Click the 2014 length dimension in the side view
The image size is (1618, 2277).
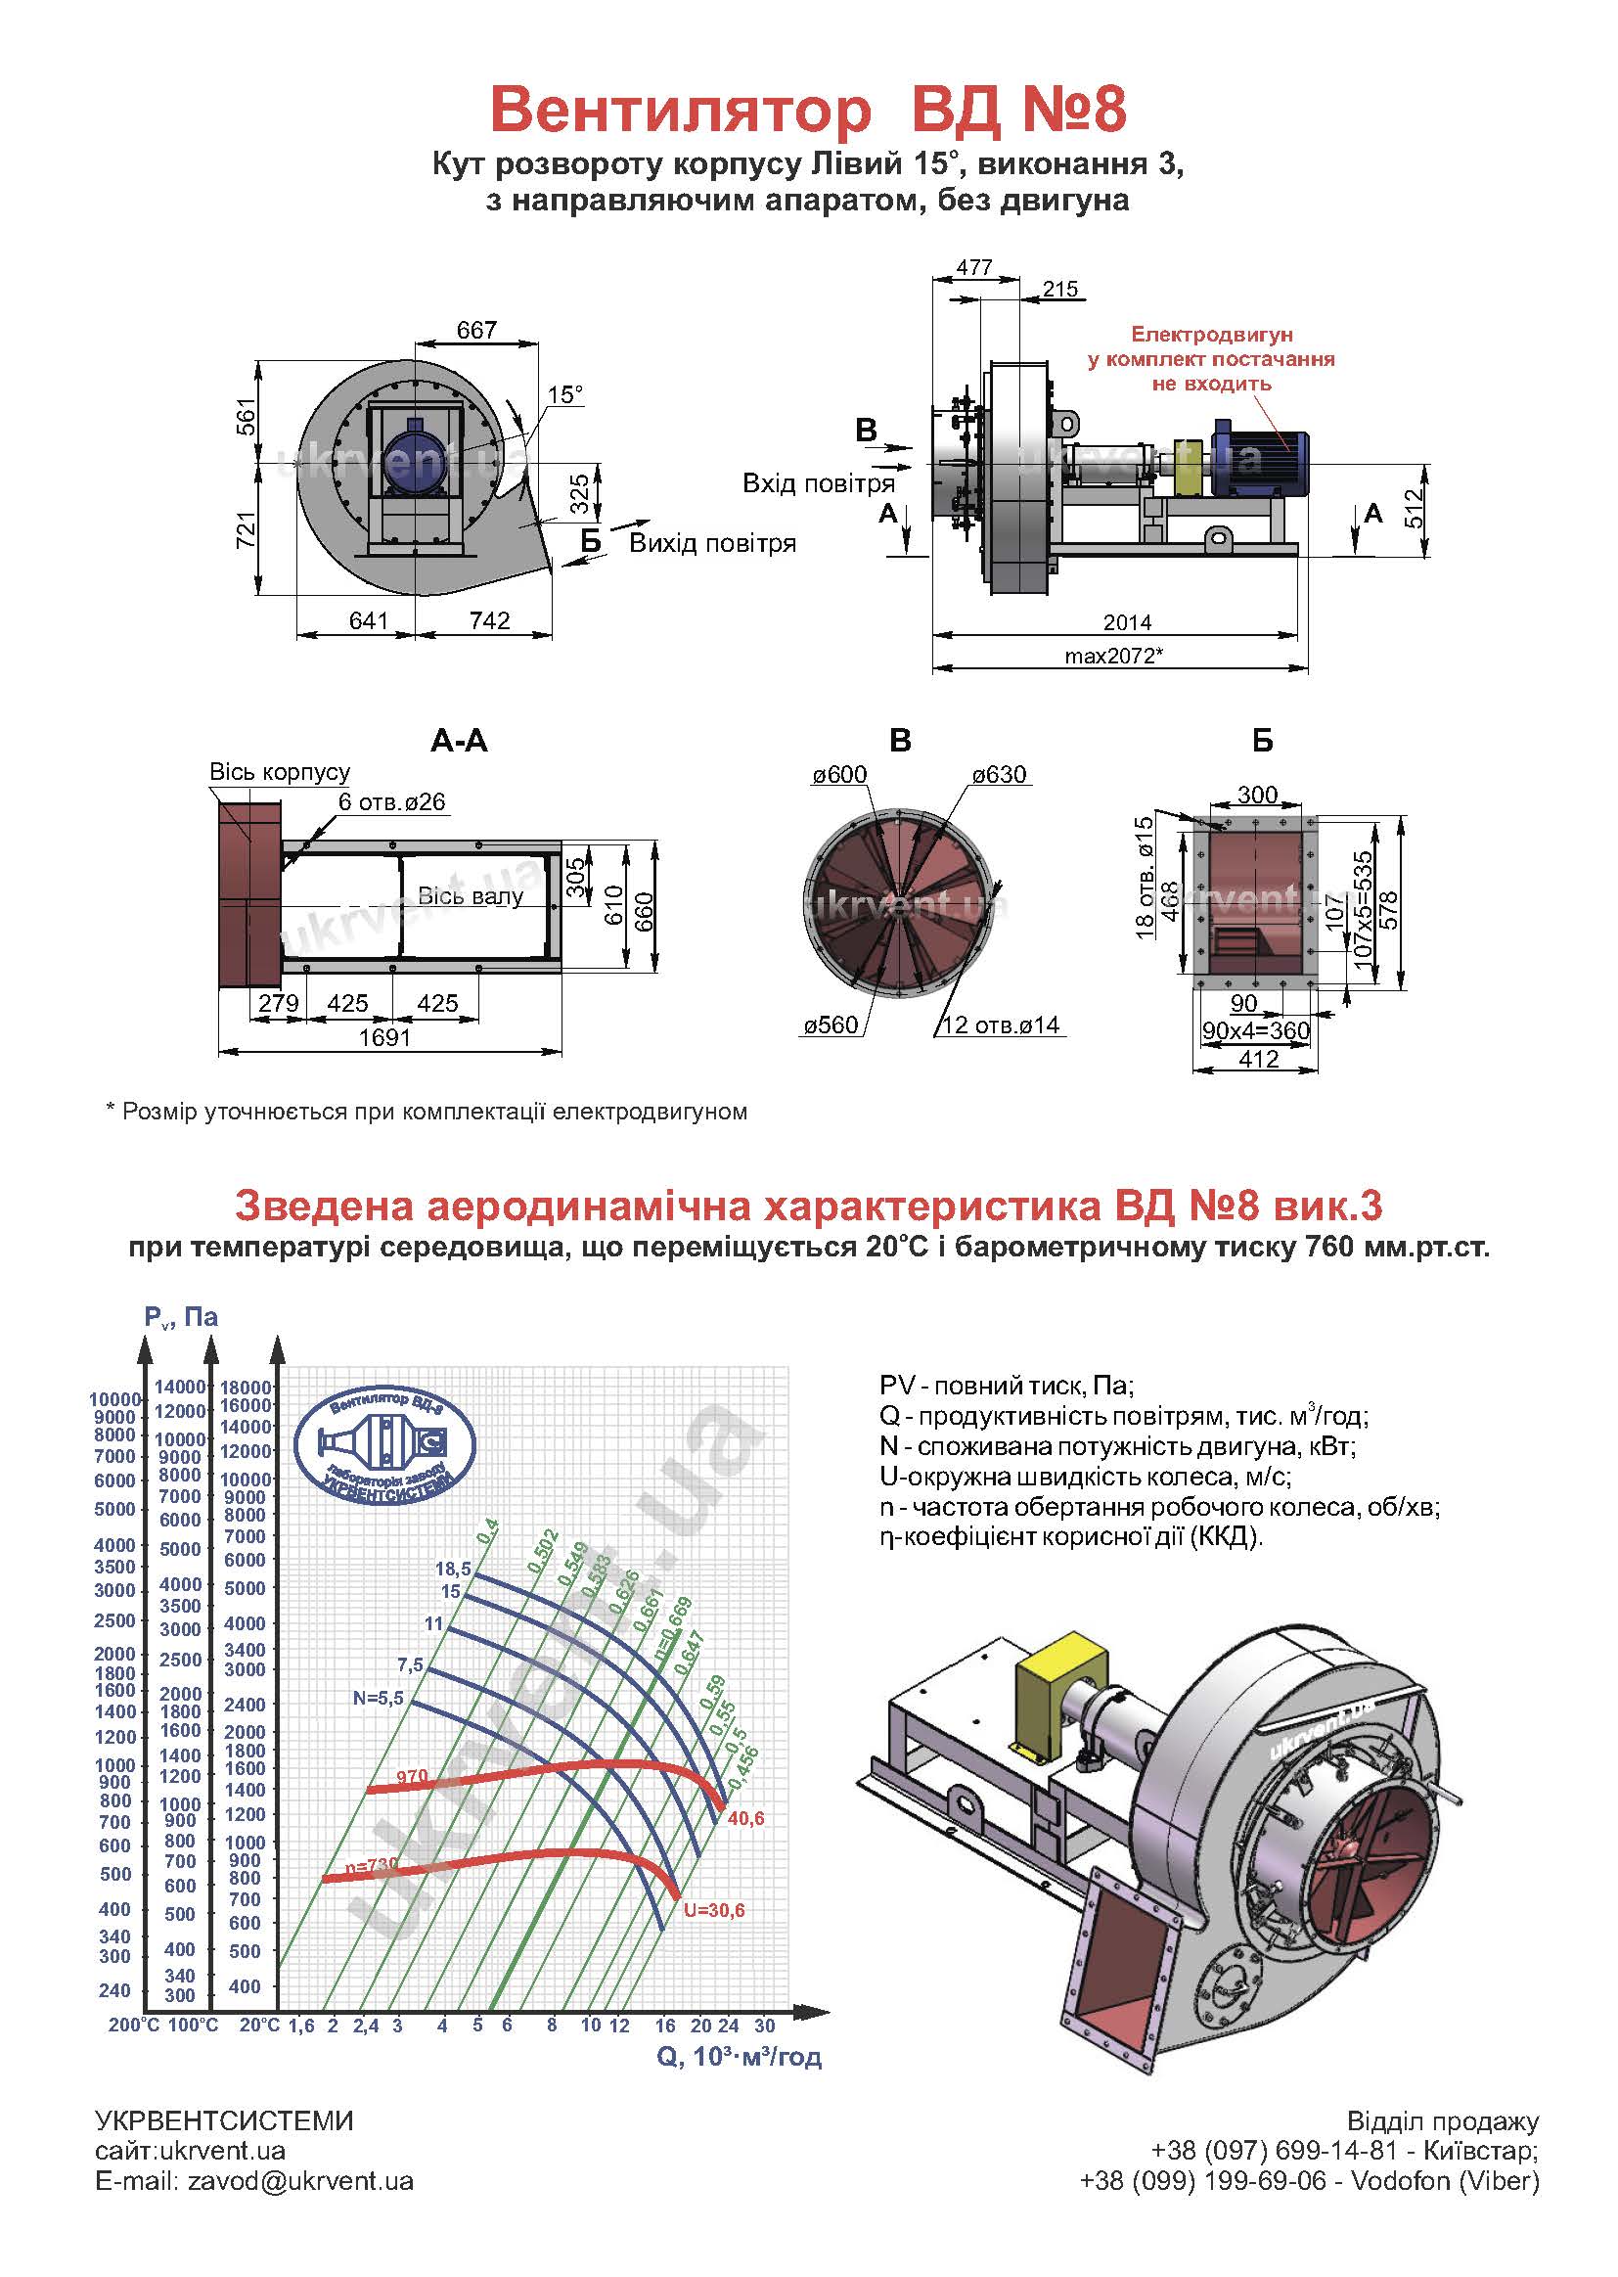point(1127,621)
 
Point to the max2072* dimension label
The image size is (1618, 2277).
point(1114,656)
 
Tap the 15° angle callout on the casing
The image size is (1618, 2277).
point(564,394)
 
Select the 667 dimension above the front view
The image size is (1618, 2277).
point(477,329)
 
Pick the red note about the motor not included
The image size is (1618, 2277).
point(1211,359)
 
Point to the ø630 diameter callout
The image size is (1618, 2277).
point(1000,774)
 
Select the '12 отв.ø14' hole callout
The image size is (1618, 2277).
point(1001,1025)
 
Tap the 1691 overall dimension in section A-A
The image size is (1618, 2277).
point(384,1037)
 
